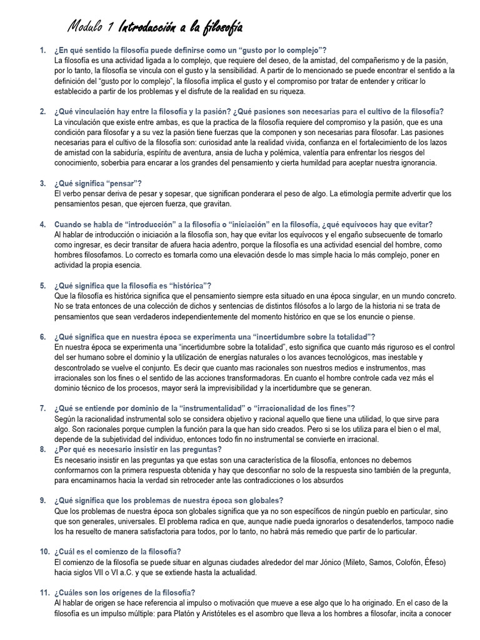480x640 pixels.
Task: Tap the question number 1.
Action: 42,50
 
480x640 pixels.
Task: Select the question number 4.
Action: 42,224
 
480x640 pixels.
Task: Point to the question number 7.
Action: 42,409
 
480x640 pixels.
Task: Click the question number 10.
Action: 44,551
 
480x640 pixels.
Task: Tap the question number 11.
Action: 44,592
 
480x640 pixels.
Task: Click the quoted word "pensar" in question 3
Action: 122,183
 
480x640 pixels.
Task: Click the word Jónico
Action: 299,562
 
